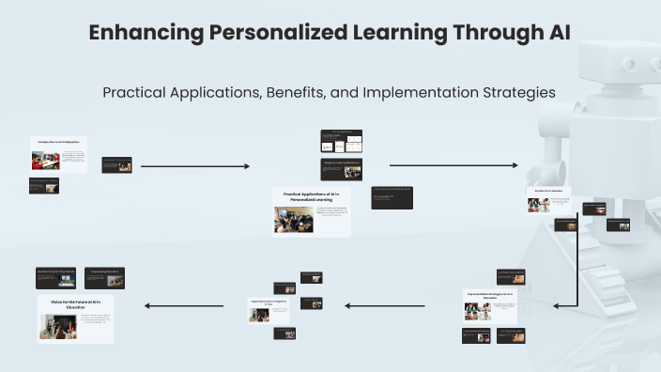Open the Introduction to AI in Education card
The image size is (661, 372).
click(57, 154)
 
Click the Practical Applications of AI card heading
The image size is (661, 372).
click(311, 196)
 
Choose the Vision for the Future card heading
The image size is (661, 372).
click(75, 302)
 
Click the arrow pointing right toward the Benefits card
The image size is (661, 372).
click(453, 165)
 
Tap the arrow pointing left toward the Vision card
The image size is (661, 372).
click(183, 304)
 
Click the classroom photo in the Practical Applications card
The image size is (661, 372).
click(293, 220)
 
